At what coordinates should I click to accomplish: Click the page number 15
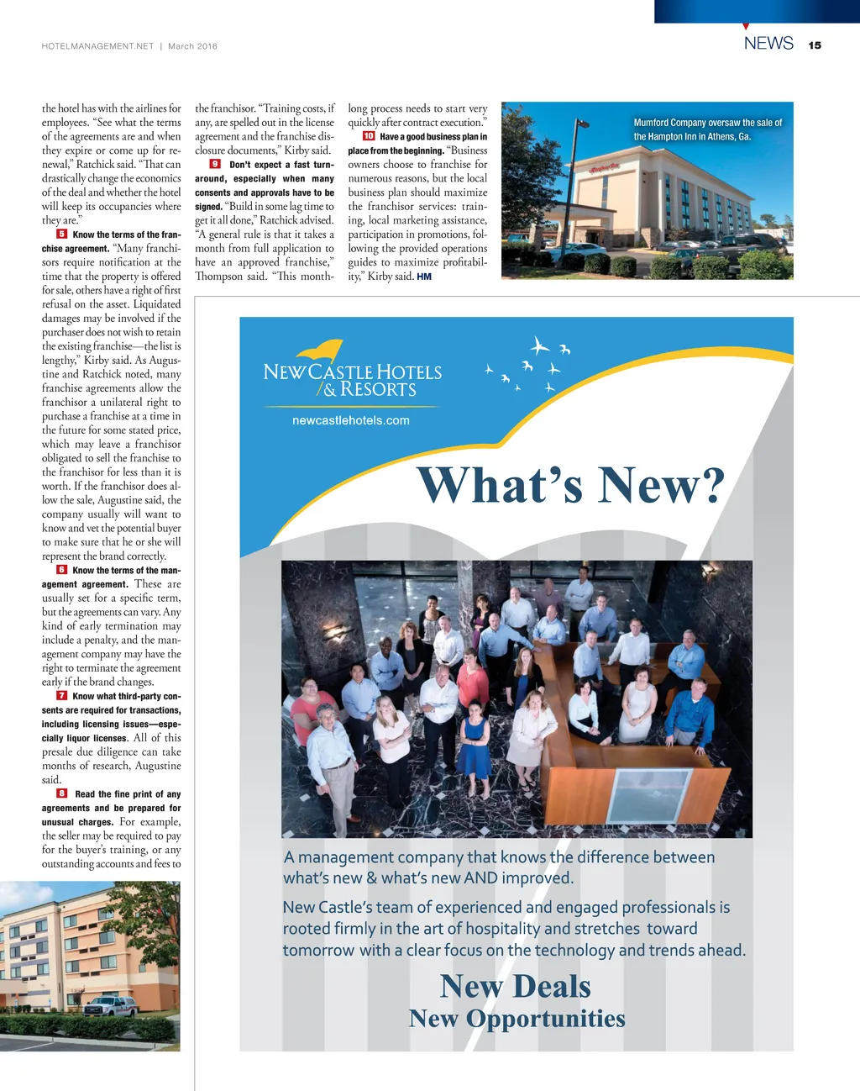pos(815,45)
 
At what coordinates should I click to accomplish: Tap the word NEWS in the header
pos(768,44)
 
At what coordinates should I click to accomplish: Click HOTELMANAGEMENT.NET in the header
pos(97,46)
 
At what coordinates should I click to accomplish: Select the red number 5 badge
pos(62,235)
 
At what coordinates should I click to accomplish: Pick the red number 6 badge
pos(62,570)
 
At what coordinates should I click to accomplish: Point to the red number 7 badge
pos(62,696)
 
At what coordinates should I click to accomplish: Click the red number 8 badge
pos(62,793)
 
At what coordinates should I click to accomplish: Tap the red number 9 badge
pos(215,164)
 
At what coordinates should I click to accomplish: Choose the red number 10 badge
pos(369,136)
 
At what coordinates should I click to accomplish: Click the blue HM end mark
pos(424,277)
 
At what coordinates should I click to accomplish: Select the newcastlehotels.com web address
pos(351,420)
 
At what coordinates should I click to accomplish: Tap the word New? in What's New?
pos(661,486)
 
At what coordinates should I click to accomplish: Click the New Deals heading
pos(516,987)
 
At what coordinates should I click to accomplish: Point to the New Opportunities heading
pos(517,1019)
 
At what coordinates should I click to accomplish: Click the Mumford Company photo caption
pos(707,129)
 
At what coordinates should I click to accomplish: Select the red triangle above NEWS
pos(746,27)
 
